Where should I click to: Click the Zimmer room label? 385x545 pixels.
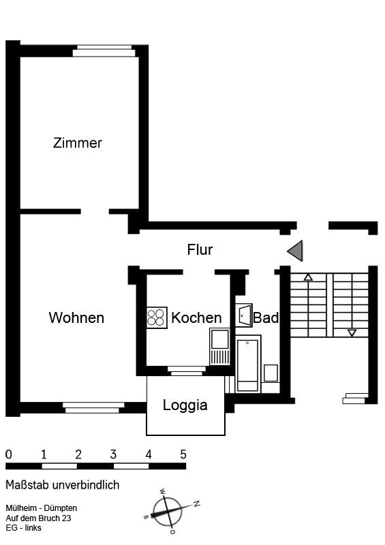[x=78, y=143]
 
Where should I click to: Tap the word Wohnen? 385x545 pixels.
[x=76, y=317]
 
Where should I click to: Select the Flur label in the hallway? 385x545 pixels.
[x=200, y=249]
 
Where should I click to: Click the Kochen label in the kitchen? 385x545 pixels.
[x=196, y=317]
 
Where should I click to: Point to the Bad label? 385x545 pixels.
[x=266, y=317]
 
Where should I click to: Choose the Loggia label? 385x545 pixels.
[x=185, y=405]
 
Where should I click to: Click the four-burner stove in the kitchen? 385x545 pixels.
[x=157, y=317]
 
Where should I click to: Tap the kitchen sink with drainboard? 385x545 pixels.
[x=220, y=347]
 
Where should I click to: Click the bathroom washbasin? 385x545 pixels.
[x=244, y=315]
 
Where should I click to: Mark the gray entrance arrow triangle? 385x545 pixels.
[x=295, y=251]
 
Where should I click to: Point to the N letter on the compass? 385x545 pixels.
[x=196, y=503]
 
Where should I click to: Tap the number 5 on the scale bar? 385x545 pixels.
[x=183, y=454]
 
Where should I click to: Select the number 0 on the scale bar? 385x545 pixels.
[x=9, y=454]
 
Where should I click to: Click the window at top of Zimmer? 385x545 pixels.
[x=104, y=50]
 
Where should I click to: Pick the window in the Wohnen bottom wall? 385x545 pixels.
[x=93, y=407]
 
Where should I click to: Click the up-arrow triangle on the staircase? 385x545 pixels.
[x=308, y=277]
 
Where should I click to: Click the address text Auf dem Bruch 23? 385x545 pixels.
[x=38, y=518]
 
